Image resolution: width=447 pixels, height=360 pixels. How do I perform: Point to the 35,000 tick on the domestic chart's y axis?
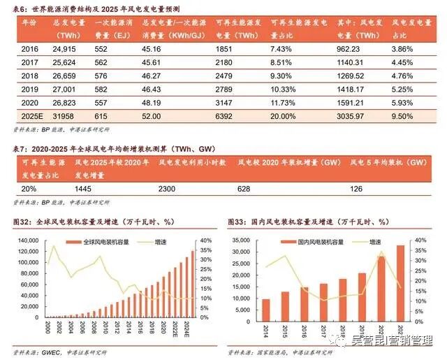point(242,240)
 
